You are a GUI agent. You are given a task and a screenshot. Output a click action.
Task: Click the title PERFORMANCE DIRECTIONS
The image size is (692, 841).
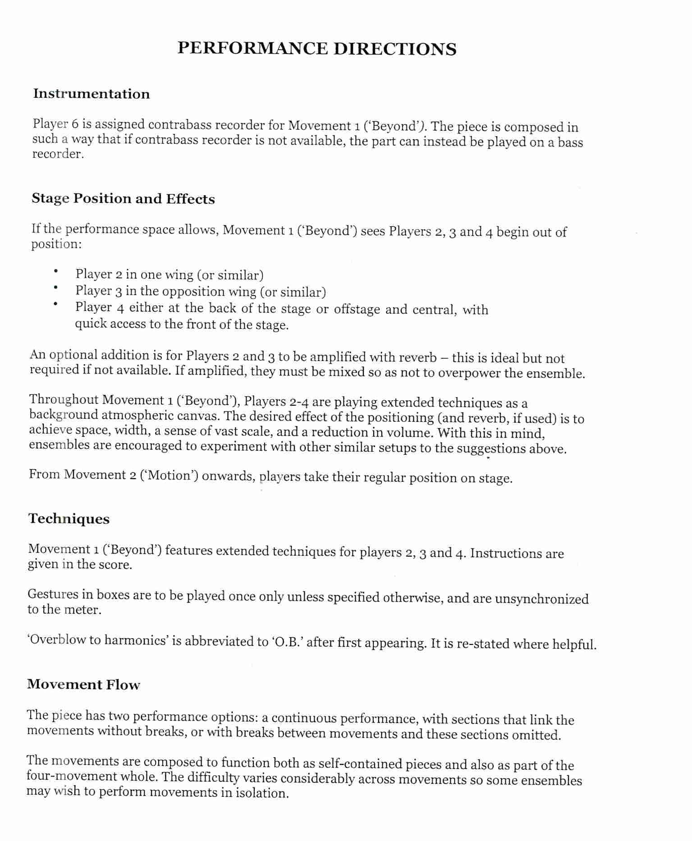pos(316,48)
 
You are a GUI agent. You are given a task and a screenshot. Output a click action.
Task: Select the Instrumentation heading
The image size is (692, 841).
pos(91,94)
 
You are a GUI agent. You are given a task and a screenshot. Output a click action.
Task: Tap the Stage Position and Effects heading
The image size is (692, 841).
pos(123,198)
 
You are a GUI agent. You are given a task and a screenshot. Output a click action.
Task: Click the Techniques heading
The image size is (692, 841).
pos(69,519)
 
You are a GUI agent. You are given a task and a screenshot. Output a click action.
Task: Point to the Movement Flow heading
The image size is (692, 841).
pos(83,684)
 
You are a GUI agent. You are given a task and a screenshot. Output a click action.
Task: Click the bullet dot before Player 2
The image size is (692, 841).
pos(55,271)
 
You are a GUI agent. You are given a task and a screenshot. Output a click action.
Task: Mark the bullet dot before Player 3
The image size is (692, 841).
pos(55,288)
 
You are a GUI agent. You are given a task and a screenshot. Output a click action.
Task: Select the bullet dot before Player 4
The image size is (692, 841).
pos(55,304)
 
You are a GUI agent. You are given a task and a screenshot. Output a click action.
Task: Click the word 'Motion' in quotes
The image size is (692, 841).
pos(170,475)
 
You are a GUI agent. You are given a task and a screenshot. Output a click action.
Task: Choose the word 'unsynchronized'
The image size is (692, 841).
pos(541,599)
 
